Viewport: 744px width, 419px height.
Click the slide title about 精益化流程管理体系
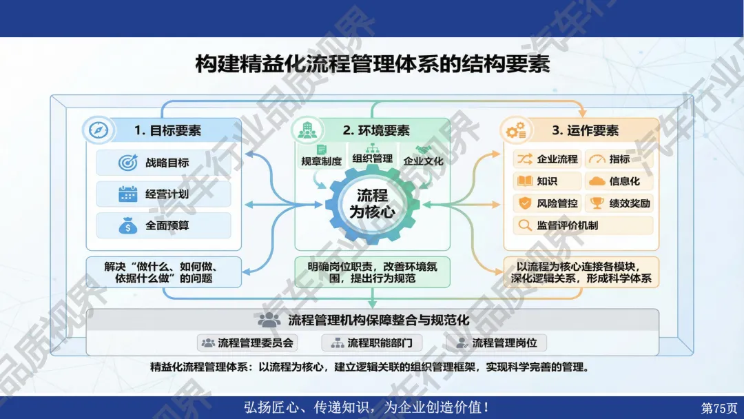[x=373, y=63]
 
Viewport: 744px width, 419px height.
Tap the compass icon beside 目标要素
[x=99, y=130]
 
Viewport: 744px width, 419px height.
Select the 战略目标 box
[x=164, y=163]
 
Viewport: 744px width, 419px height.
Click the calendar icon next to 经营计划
[x=127, y=194]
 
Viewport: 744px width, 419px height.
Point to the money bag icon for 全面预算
[x=127, y=226]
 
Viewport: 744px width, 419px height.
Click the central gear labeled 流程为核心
[x=373, y=203]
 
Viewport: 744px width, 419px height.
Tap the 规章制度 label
[x=321, y=161]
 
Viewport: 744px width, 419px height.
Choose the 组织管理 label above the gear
[x=373, y=159]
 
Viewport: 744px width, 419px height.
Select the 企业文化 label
[x=423, y=161]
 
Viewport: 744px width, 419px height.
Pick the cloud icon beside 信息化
[x=597, y=181]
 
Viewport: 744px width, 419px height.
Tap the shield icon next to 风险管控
[x=525, y=203]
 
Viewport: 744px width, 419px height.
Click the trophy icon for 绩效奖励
[x=597, y=203]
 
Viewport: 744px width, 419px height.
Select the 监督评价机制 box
[x=583, y=225]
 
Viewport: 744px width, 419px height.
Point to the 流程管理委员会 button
[x=248, y=343]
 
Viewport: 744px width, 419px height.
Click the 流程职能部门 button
[x=372, y=343]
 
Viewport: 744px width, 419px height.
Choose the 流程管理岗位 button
[x=496, y=343]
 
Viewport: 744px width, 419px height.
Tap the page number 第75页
[x=719, y=408]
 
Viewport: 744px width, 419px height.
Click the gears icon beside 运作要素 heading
[x=516, y=130]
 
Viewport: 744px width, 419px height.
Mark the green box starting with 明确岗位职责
[x=373, y=272]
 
